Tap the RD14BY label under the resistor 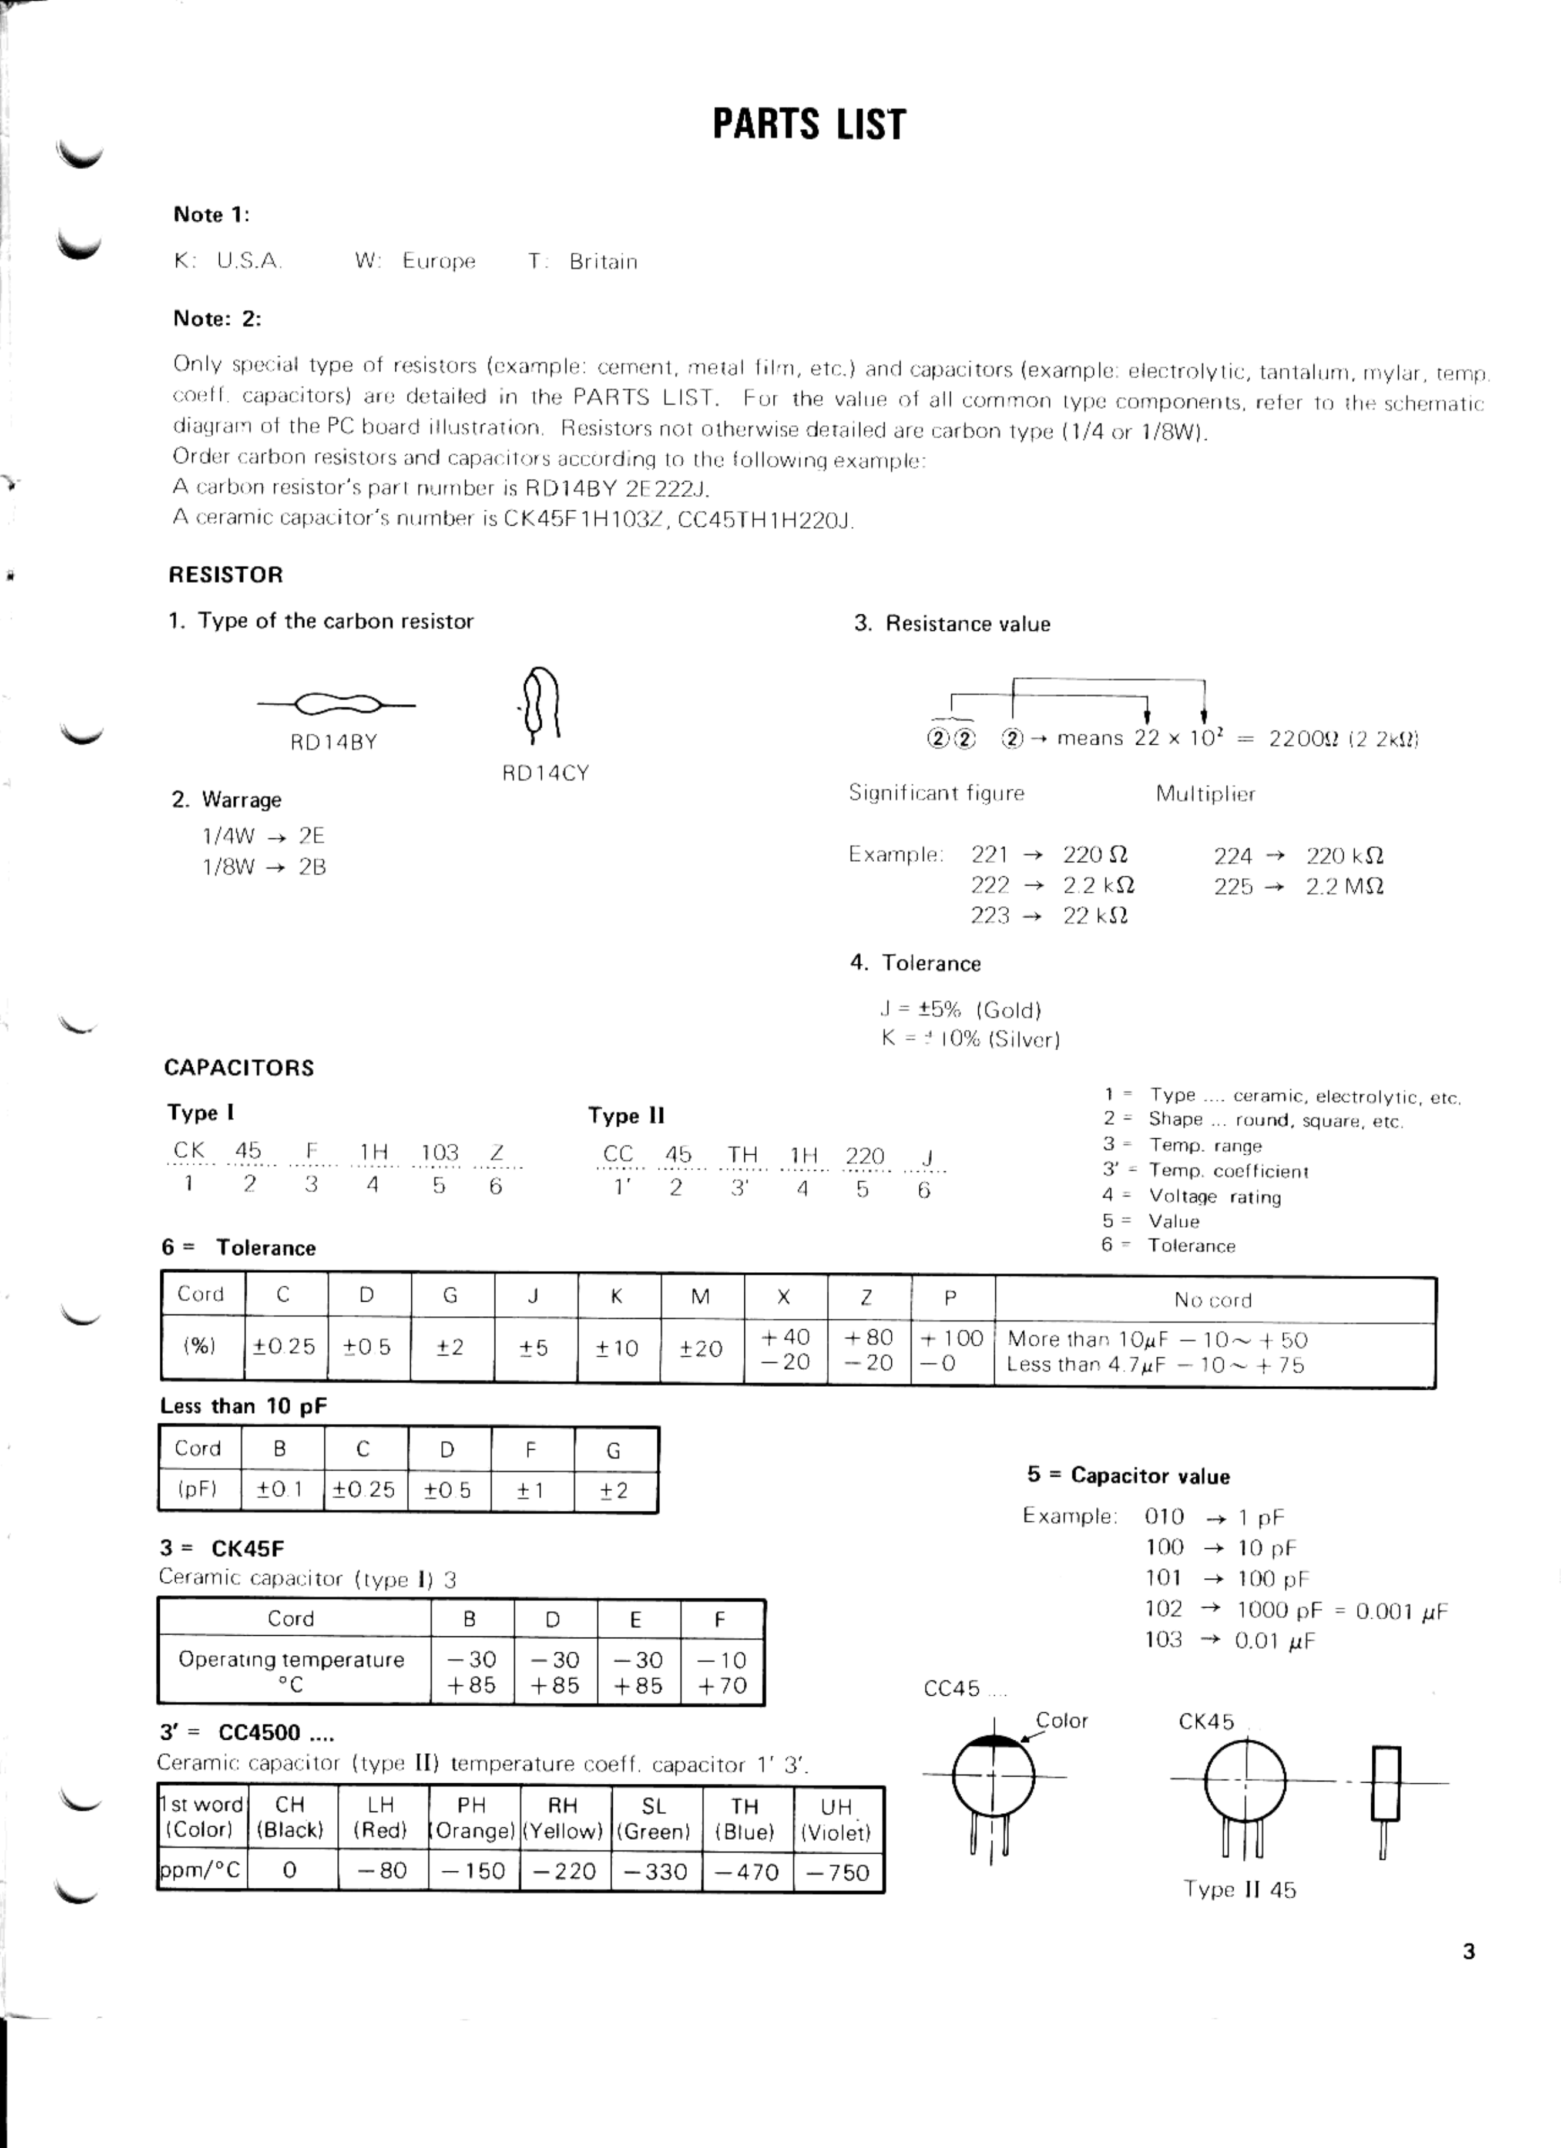point(334,742)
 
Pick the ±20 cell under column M point(701,1349)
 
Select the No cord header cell point(1213,1300)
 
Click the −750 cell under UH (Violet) point(837,1873)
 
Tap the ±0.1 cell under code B point(280,1490)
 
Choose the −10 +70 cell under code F point(722,1673)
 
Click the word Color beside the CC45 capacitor point(1062,1721)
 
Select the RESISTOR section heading point(226,575)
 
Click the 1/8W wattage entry point(229,866)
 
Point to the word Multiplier point(1205,794)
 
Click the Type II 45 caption point(1239,1890)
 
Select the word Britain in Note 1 point(603,263)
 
